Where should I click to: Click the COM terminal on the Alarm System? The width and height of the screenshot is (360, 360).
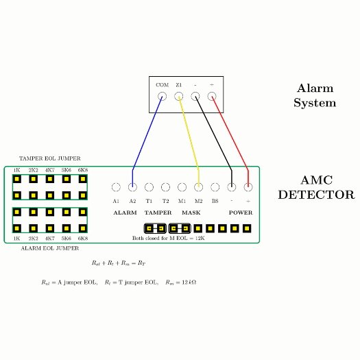pyautogui.click(x=163, y=96)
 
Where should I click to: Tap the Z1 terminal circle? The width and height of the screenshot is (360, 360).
pyautogui.click(x=179, y=96)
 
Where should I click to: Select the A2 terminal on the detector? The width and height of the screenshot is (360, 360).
pyautogui.click(x=132, y=187)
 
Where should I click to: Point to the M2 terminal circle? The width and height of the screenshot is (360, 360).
pyautogui.click(x=198, y=187)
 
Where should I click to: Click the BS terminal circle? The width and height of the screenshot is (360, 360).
pyautogui.click(x=215, y=187)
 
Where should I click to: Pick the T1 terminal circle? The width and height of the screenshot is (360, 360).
pyautogui.click(x=149, y=187)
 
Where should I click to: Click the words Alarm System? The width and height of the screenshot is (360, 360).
pyautogui.click(x=315, y=96)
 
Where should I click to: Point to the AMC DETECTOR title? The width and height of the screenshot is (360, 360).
pyautogui.click(x=316, y=187)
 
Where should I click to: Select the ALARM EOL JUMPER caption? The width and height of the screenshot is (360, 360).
pyautogui.click(x=49, y=248)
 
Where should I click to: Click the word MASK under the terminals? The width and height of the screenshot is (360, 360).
pyautogui.click(x=191, y=213)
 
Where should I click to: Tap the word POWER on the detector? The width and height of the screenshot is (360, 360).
pyautogui.click(x=240, y=213)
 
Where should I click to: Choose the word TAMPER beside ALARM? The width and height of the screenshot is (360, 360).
pyautogui.click(x=158, y=213)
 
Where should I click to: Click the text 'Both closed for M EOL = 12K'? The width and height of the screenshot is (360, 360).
pyautogui.click(x=169, y=238)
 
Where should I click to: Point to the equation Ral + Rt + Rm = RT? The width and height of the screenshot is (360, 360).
pyautogui.click(x=118, y=263)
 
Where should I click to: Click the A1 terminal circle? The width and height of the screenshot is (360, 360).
pyautogui.click(x=116, y=187)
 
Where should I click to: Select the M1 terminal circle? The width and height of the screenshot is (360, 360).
pyautogui.click(x=182, y=187)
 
